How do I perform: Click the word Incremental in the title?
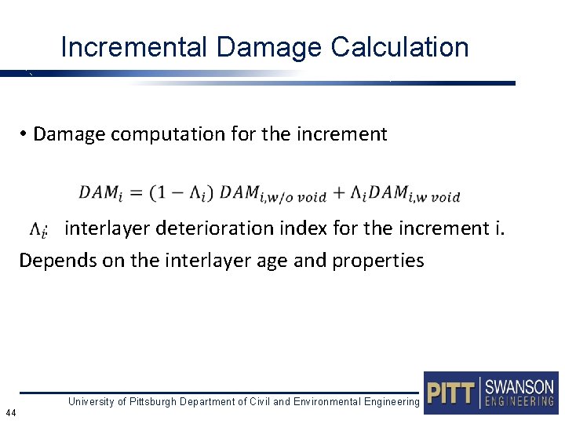(x=134, y=47)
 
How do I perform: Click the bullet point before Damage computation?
(x=25, y=134)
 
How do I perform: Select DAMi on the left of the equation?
(x=100, y=192)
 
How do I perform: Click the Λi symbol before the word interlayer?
(x=38, y=229)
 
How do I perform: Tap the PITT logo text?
(x=451, y=392)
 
